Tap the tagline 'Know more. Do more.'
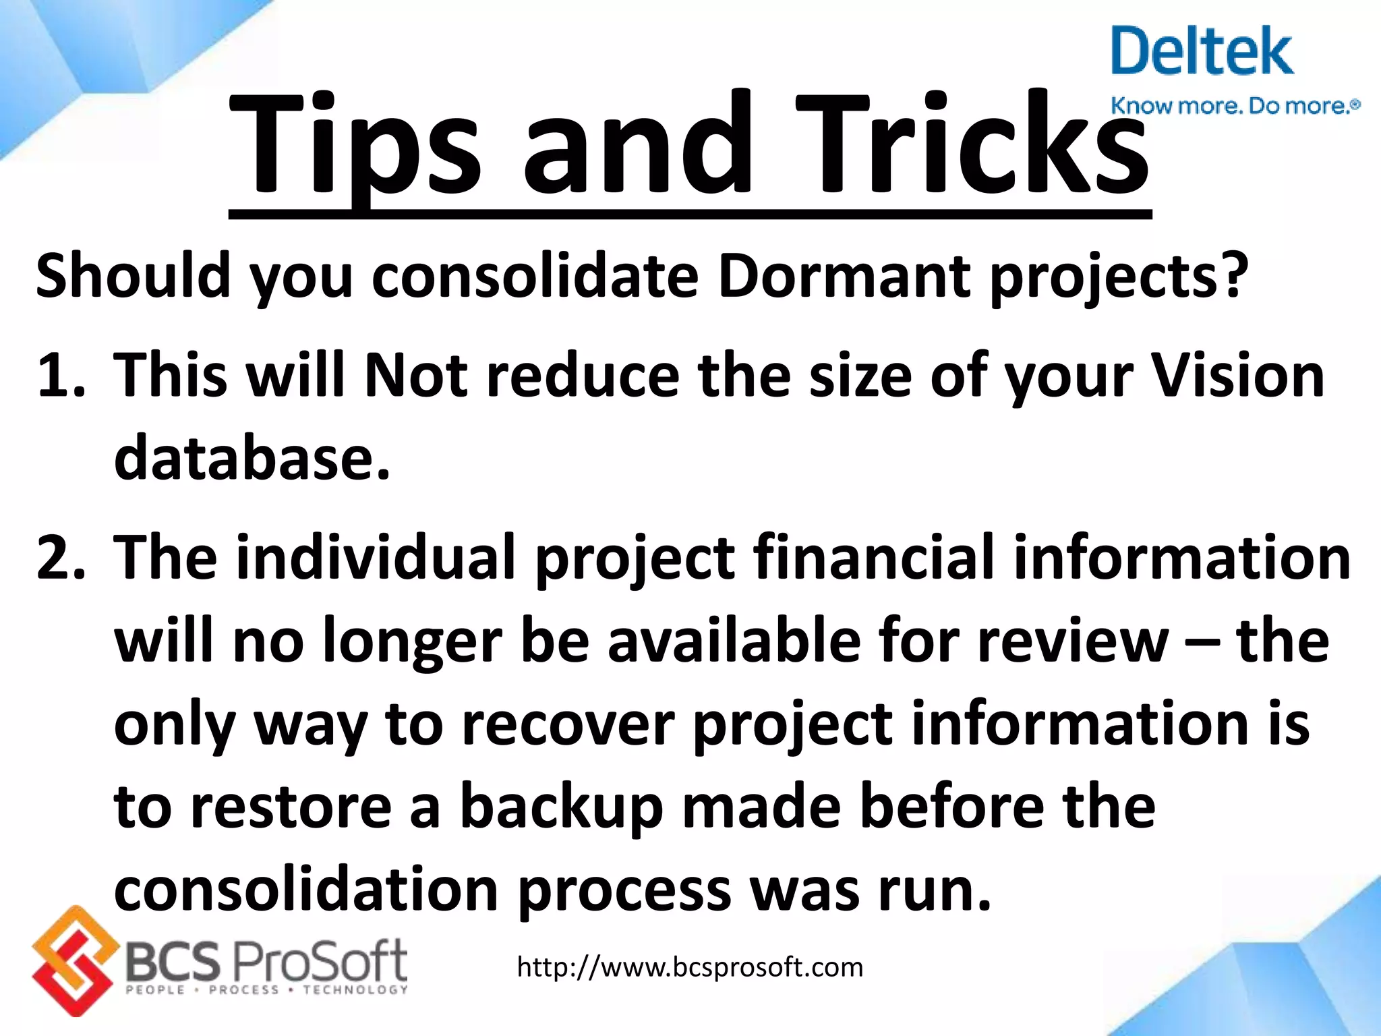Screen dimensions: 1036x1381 coord(1234,106)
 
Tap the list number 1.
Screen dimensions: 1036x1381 coord(59,376)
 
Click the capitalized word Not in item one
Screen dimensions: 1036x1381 coord(415,376)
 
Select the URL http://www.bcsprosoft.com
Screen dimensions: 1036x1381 coord(690,967)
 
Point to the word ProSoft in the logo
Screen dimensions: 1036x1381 coord(320,960)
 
